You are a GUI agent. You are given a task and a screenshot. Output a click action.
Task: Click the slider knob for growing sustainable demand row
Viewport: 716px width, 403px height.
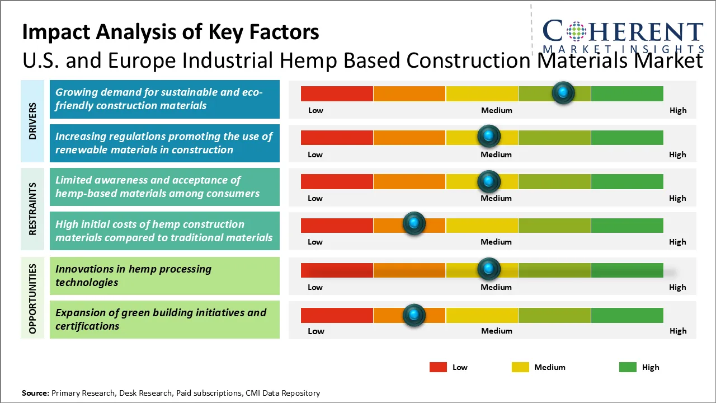coord(563,93)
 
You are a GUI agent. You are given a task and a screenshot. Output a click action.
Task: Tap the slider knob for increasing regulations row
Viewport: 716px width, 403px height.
coord(489,137)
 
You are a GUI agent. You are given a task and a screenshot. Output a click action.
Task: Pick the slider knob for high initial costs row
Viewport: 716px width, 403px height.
coord(414,224)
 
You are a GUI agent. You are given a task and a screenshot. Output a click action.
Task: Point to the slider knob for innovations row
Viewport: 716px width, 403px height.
coord(489,269)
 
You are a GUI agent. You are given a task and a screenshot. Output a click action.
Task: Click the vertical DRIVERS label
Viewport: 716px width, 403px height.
coord(32,121)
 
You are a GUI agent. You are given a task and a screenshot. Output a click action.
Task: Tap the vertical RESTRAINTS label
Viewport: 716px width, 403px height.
coord(32,209)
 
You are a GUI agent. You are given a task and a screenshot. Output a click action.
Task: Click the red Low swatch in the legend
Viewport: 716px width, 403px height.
coord(438,367)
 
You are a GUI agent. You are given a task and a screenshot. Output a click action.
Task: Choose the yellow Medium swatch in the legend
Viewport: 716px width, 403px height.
coord(520,367)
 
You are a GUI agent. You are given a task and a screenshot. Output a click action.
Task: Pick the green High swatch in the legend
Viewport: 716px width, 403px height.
coord(628,367)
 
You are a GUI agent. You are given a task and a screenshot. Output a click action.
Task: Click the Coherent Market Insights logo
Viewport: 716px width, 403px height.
coord(623,36)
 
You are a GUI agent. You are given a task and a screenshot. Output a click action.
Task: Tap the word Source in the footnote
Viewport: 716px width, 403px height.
coord(35,393)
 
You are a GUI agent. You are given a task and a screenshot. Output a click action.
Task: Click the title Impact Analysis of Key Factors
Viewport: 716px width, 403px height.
coord(171,32)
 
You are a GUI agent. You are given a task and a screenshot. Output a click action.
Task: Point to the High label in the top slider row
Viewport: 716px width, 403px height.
coord(678,110)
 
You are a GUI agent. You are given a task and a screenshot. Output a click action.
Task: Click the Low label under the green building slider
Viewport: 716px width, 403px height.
coord(316,331)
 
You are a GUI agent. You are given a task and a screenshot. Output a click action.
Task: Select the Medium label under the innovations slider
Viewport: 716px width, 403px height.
coord(496,287)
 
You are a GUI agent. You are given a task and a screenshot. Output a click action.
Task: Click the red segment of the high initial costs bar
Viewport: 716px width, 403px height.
coord(337,225)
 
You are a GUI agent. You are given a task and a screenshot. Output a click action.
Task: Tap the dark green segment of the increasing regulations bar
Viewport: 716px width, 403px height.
coord(626,137)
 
